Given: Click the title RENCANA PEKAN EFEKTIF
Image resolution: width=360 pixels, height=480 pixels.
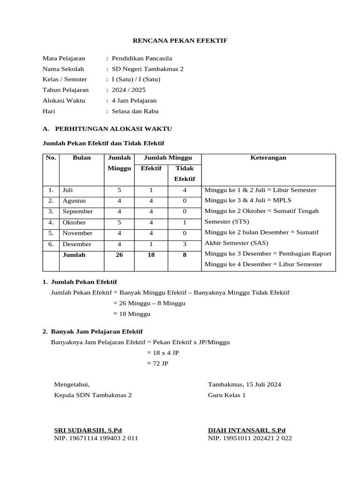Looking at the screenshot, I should pos(180,41).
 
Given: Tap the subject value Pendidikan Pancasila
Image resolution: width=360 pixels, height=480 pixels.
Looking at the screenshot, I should pos(142,59).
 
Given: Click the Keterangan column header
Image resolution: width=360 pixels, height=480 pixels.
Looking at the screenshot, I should pos(269,158).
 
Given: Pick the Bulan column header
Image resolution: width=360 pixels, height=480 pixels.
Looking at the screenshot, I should pos(82,158).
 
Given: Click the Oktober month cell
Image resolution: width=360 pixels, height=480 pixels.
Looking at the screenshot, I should pos(74,223).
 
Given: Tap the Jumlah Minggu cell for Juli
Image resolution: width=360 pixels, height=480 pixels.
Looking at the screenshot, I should pos(119,190).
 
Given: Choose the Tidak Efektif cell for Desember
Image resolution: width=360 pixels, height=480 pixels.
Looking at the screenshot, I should pos(185,244).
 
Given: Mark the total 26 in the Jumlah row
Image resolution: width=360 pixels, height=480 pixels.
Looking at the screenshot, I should pos(119,255).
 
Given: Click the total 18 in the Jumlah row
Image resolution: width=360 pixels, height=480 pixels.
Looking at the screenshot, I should pos(151,255).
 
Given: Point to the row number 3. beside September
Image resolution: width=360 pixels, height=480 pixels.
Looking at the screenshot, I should pos(51,212).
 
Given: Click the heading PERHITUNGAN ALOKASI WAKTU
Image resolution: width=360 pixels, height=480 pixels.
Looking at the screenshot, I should pos(113,128).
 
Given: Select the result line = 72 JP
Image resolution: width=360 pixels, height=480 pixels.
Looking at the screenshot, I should pos(157,363).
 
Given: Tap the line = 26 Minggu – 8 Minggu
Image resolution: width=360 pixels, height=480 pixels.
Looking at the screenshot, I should pos(149,303).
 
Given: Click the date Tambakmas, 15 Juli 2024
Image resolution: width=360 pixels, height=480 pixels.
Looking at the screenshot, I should pos(244,385).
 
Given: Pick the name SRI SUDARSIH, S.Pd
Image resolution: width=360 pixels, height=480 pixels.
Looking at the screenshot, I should pos(88,430).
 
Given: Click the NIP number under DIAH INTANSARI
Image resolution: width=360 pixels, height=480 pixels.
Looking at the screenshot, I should pos(250,438).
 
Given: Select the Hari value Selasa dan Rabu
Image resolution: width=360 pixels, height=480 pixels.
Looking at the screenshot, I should pos(135,112).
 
